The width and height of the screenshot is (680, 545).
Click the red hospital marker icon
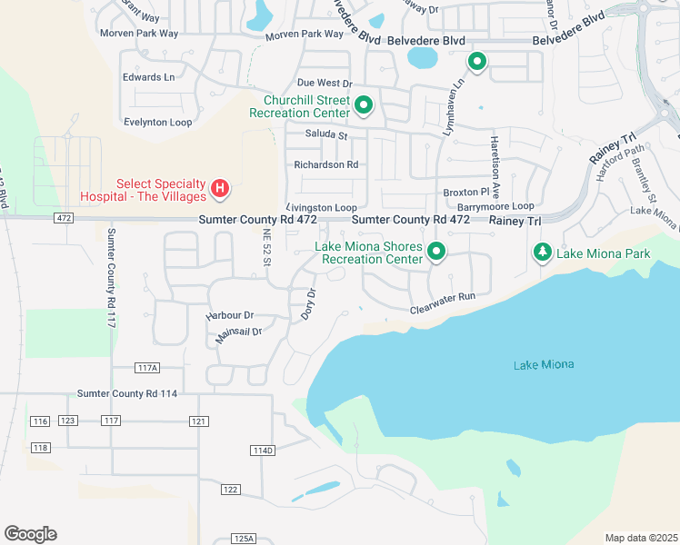(x=219, y=189)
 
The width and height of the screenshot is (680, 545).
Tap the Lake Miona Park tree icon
(x=543, y=253)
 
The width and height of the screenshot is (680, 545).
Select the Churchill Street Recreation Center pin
(x=364, y=106)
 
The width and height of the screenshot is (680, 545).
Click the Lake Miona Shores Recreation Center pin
(x=437, y=253)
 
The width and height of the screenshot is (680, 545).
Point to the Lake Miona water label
(x=544, y=364)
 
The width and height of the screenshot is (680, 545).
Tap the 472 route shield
(x=63, y=219)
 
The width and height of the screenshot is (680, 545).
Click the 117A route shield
(x=146, y=368)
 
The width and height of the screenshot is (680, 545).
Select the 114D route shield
(x=262, y=451)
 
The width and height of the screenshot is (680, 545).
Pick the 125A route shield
(x=244, y=538)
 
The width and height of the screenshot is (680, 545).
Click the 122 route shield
(x=230, y=490)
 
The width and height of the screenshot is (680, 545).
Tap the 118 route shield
(x=40, y=448)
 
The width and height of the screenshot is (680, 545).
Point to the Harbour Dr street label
(x=228, y=314)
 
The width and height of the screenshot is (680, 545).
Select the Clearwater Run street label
(x=443, y=297)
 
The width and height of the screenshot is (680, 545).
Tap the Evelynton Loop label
(x=158, y=122)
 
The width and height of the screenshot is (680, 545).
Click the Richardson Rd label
(x=326, y=164)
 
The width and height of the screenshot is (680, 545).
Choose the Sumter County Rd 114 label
(x=128, y=393)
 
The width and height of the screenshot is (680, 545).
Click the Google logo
(x=30, y=534)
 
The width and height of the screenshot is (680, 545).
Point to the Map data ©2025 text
(x=641, y=538)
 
